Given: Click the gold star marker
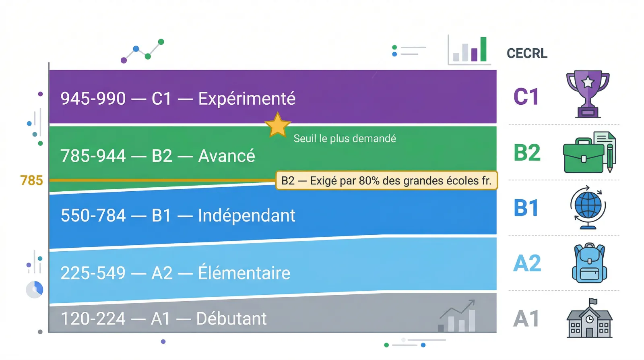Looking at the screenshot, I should click(277, 126).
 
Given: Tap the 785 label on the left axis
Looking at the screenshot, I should click(31, 180).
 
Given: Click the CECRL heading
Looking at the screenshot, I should click(527, 53).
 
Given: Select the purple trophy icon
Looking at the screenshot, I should click(588, 94).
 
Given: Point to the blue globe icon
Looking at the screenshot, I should click(588, 207).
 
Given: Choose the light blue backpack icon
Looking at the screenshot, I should click(589, 263).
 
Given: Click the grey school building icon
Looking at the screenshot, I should click(589, 319).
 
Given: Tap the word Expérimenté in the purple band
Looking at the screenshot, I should click(247, 99).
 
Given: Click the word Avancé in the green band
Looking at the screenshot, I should click(227, 156).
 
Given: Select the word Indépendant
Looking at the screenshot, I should click(246, 215).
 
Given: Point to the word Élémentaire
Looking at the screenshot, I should click(244, 273).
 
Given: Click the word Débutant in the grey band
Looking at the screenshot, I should click(231, 319).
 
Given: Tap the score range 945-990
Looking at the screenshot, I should click(93, 99).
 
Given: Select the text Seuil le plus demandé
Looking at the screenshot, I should click(345, 139).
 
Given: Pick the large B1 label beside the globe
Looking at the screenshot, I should click(526, 208).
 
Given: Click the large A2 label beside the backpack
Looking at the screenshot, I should click(527, 263).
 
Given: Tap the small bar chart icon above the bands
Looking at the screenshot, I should click(470, 51).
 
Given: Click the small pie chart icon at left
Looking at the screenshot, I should click(35, 290).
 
